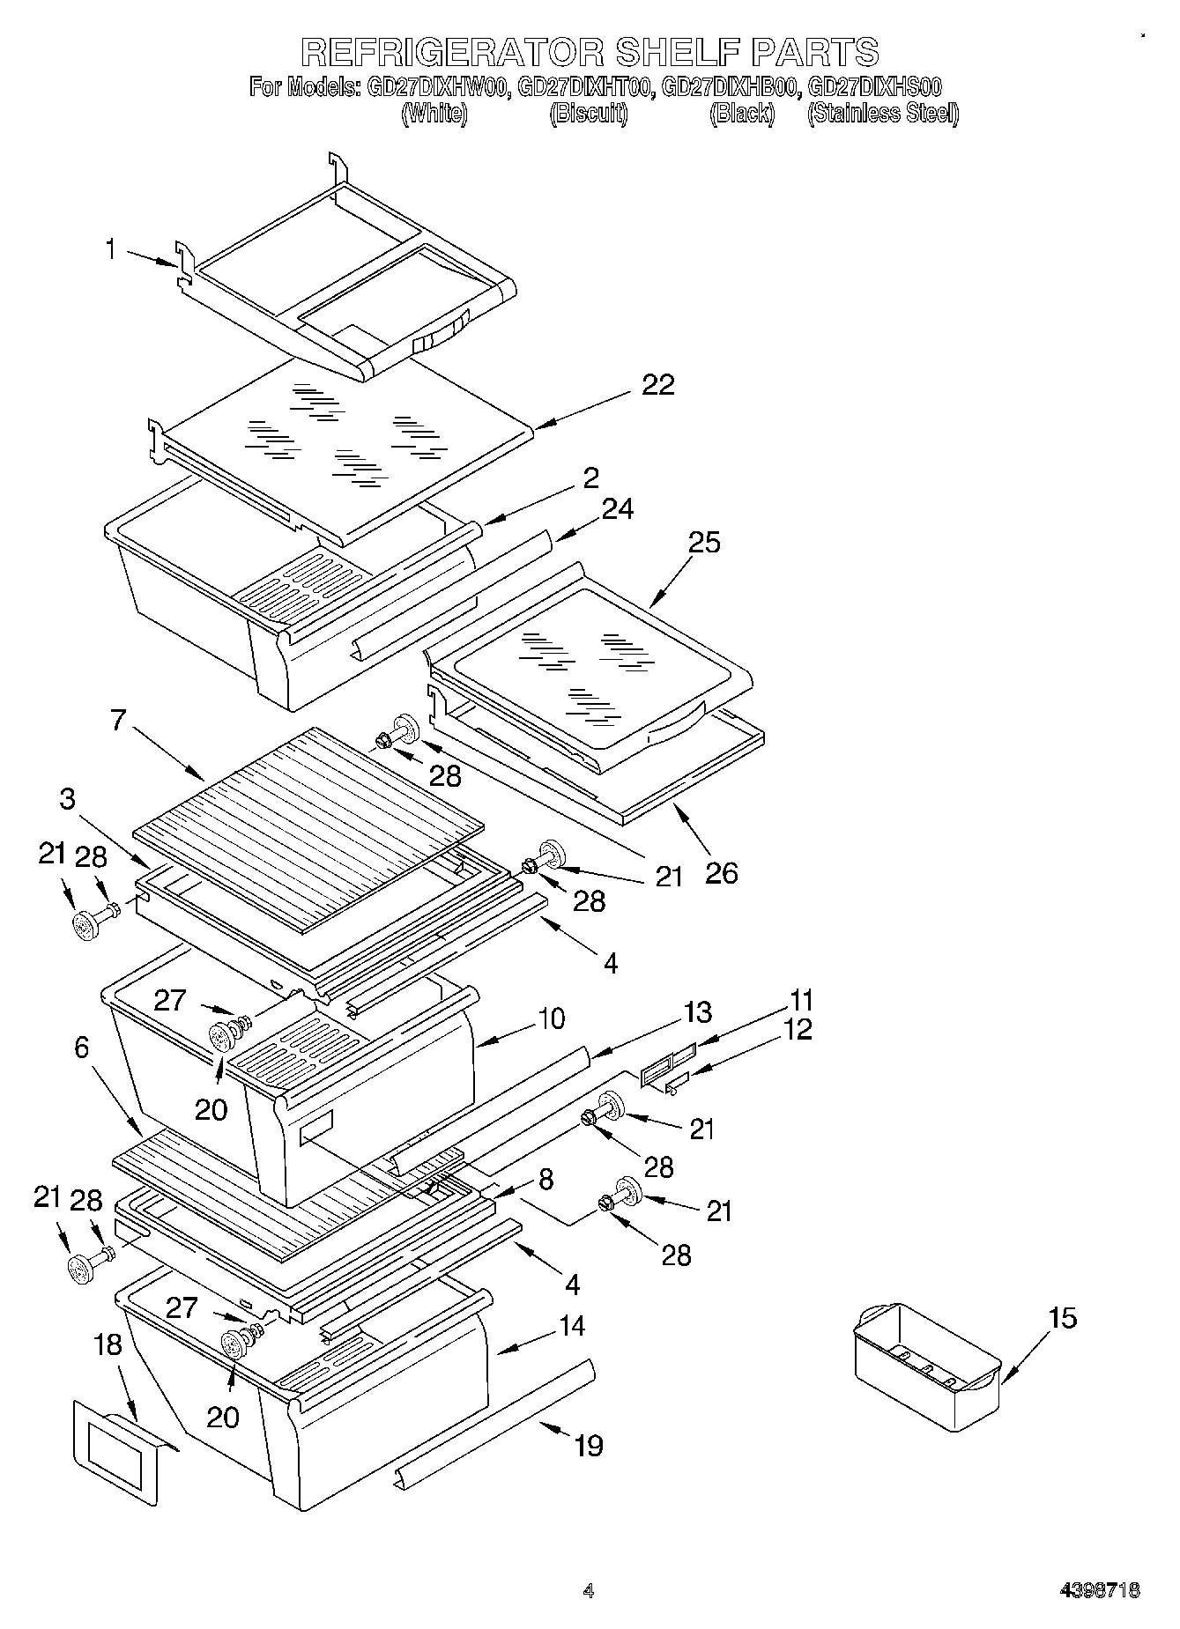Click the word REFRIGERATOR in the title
(x=452, y=52)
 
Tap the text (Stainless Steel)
(x=882, y=113)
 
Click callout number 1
(x=110, y=250)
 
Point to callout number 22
(x=657, y=385)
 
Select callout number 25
(x=704, y=542)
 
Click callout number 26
(x=721, y=873)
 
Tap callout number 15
(x=1063, y=1319)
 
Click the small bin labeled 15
(x=926, y=1365)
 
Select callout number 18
(x=108, y=1344)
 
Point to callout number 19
(x=588, y=1446)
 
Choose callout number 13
(x=697, y=1012)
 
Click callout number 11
(x=802, y=1001)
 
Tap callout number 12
(x=798, y=1029)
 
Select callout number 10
(x=551, y=1019)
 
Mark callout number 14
(x=572, y=1326)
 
